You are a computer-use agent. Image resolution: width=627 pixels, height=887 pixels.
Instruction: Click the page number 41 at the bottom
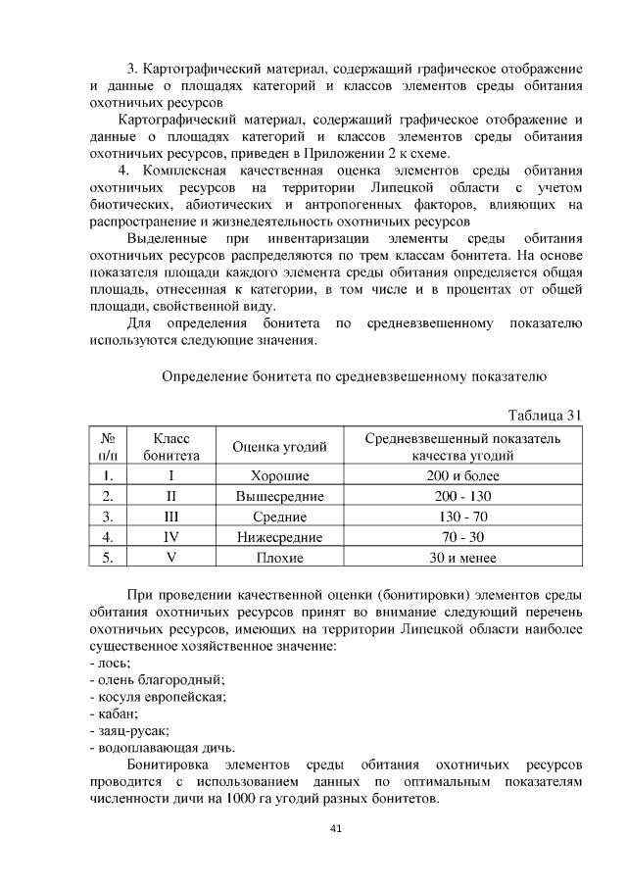coord(335,829)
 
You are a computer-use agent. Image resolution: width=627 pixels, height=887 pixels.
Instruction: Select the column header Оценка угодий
coord(279,448)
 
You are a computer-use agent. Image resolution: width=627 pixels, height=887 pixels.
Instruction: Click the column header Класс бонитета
coord(171,447)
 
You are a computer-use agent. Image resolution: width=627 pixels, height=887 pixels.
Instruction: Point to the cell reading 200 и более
coord(462,475)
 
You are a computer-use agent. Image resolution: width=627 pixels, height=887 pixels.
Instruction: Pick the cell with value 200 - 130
coord(462,496)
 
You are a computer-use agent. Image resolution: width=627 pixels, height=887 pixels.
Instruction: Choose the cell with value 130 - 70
coord(462,517)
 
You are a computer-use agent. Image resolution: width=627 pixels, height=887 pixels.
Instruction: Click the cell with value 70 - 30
coord(462,537)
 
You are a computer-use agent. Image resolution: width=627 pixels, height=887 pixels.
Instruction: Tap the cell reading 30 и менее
coord(462,558)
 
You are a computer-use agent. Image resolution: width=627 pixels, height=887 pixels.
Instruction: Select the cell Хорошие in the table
coord(279,475)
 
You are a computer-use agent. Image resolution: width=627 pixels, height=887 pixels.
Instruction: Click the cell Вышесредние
coord(279,496)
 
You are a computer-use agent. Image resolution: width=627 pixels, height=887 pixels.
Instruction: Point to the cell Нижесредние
coord(279,537)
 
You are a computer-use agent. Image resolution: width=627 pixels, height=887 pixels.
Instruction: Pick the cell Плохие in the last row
coord(279,558)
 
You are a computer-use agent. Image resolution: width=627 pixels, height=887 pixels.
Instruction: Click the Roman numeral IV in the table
coord(170,537)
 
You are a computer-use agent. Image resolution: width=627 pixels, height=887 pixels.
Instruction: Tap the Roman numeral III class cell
coord(170,517)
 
